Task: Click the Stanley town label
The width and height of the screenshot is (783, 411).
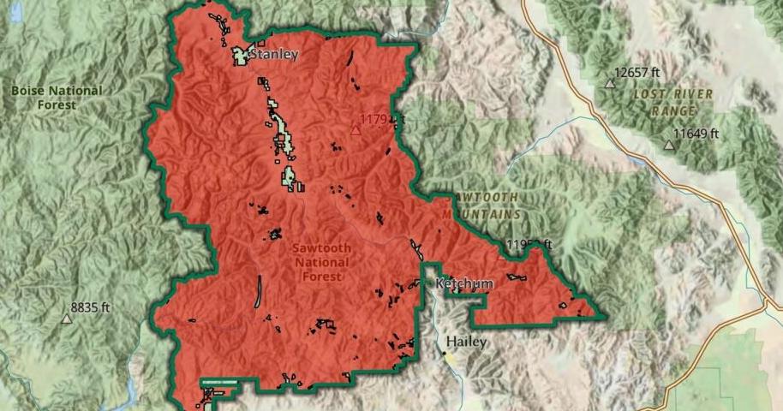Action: click(274, 55)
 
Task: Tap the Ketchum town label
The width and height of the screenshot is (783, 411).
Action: click(464, 283)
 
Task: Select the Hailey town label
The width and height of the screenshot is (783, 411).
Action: click(466, 342)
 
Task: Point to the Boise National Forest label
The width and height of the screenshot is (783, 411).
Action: click(57, 98)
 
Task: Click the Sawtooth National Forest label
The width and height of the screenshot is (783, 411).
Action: click(321, 263)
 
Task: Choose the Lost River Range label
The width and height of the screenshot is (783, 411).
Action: click(673, 102)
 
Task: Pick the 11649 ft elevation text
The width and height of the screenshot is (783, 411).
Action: click(696, 134)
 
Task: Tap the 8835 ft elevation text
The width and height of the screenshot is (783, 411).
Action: click(91, 307)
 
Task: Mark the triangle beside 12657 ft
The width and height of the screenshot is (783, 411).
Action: click(610, 83)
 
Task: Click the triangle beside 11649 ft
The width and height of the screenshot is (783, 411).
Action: click(669, 145)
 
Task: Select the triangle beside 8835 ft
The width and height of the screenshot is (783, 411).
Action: click(66, 319)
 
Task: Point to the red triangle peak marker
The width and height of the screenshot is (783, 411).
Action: click(356, 130)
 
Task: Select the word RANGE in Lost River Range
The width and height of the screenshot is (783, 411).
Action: click(673, 111)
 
